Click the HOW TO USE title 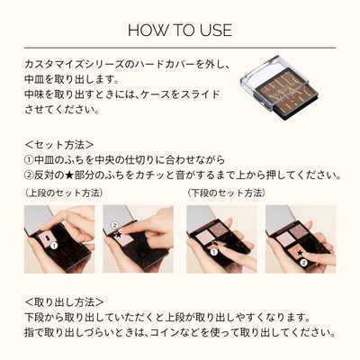click(x=180, y=31)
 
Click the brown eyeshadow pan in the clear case click(x=284, y=86)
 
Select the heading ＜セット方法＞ click(x=58, y=144)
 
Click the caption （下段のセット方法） click(x=226, y=193)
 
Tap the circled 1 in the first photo click(x=53, y=245)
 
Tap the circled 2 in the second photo click(x=115, y=225)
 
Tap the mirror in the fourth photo click(x=283, y=220)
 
